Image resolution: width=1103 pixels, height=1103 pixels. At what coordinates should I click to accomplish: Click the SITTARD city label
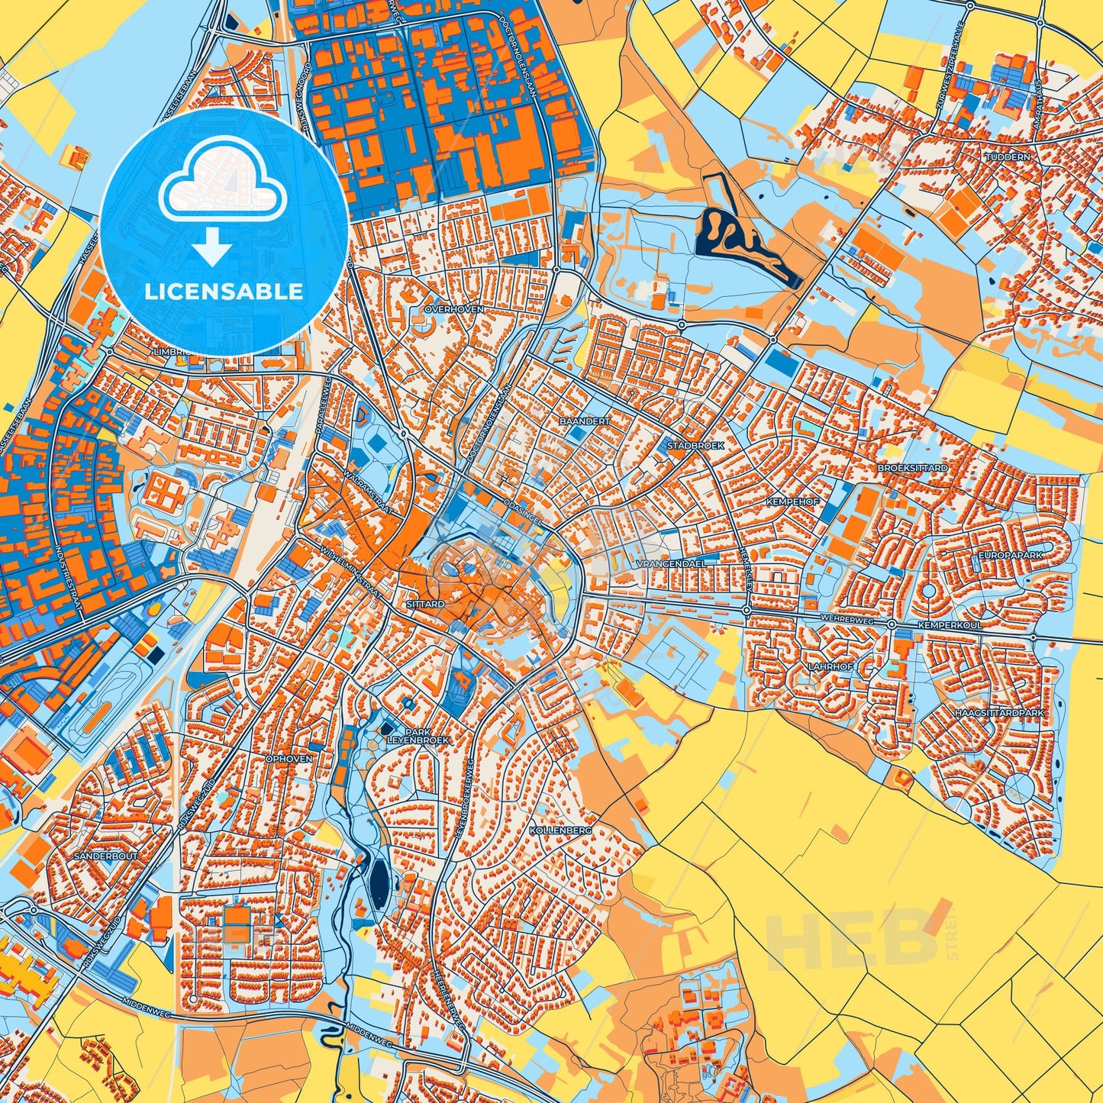426,604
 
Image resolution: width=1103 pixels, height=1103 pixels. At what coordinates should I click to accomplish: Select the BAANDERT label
585,421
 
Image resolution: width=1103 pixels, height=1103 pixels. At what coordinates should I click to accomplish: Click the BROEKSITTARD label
913,467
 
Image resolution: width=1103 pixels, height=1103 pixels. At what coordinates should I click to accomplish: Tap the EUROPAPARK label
1011,556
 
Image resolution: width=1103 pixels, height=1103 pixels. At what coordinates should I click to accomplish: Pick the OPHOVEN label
289,759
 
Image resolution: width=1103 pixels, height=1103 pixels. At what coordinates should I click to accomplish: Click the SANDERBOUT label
106,856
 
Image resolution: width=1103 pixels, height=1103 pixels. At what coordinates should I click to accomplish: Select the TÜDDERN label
1008,156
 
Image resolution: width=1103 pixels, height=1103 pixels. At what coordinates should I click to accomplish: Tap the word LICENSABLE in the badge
224,291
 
